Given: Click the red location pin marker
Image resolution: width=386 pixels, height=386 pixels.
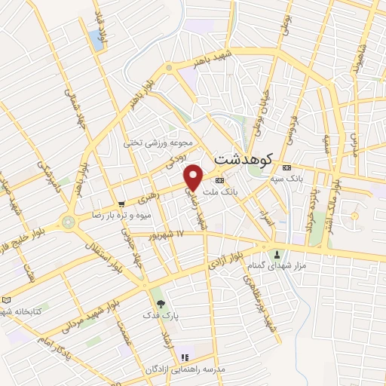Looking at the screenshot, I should pyautogui.click(x=194, y=177).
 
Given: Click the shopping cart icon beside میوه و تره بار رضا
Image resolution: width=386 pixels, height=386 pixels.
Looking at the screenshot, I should pyautogui.click(x=121, y=204).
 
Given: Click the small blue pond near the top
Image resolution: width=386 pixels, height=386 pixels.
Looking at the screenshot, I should pyautogui.click(x=96, y=40).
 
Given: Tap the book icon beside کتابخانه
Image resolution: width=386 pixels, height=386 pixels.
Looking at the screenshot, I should pyautogui.click(x=7, y=299).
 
